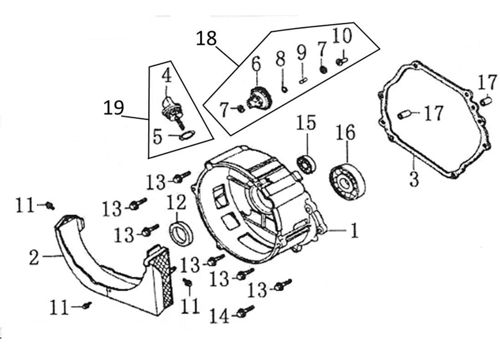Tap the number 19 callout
tap(113, 108)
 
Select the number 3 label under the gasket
tap(413, 179)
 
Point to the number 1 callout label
tap(353, 231)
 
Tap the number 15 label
tap(306, 123)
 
